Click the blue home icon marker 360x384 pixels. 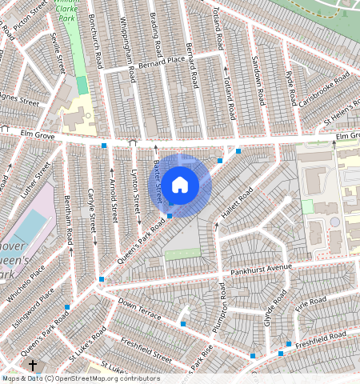click(x=180, y=185)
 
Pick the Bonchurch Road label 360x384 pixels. click(x=95, y=44)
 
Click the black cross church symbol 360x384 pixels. click(x=33, y=366)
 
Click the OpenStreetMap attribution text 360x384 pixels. click(x=80, y=378)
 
